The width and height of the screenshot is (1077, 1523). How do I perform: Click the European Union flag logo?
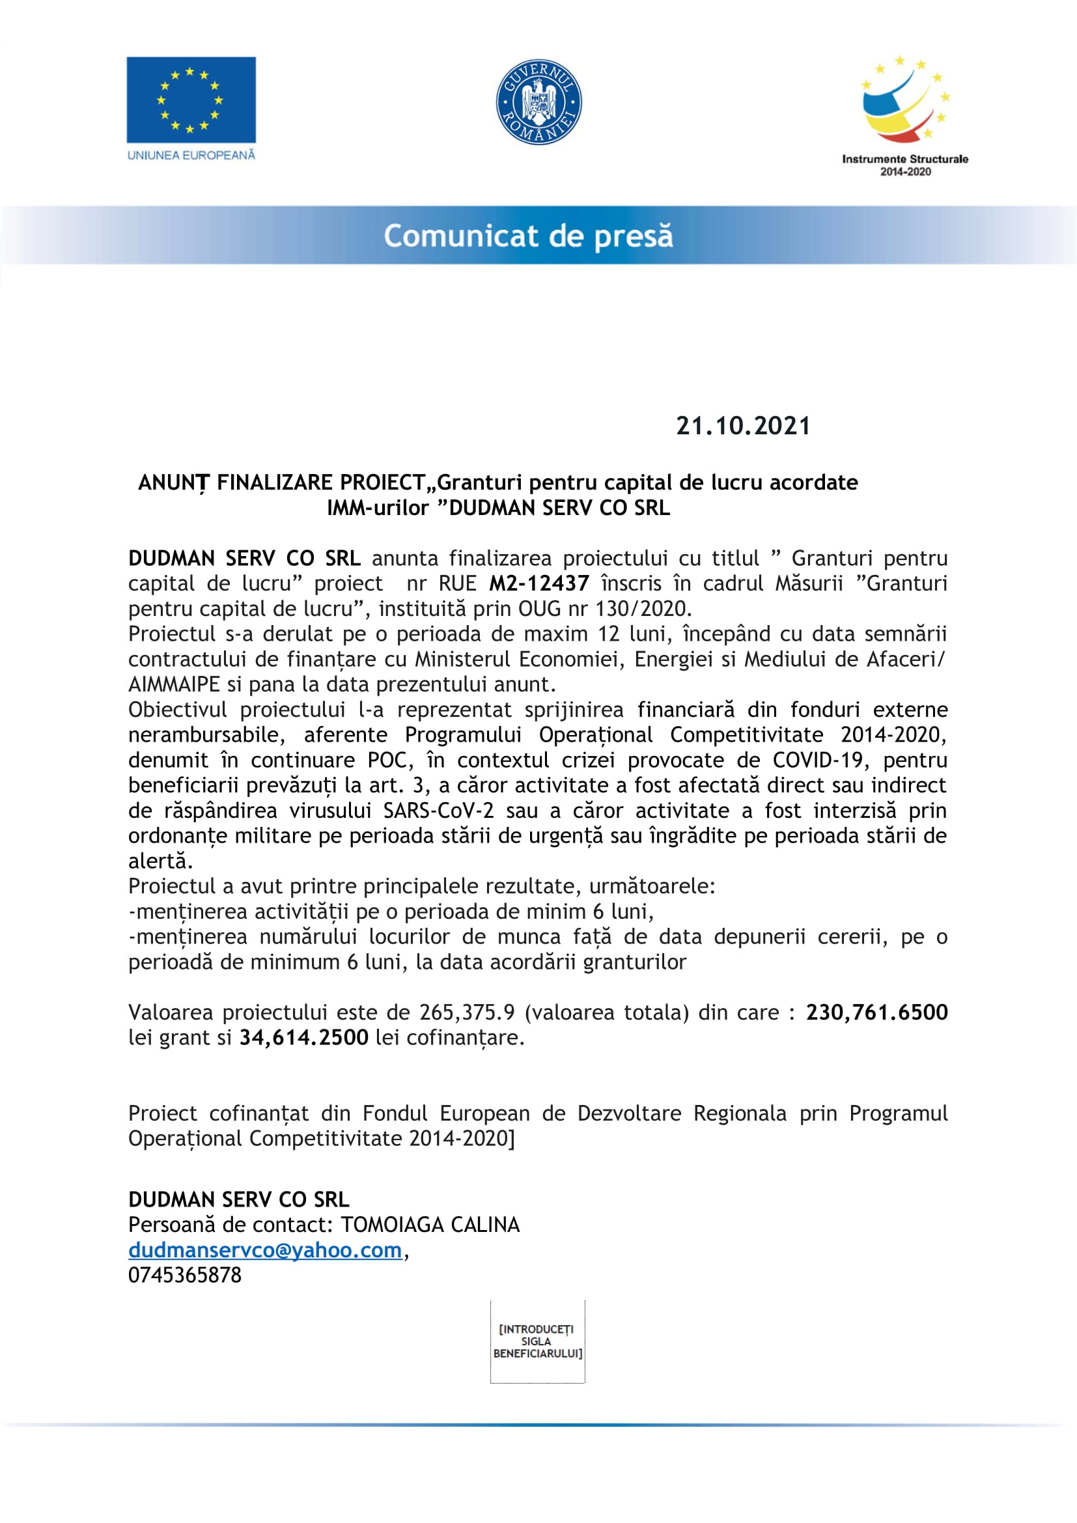(191, 100)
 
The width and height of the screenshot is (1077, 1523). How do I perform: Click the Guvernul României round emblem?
(538, 102)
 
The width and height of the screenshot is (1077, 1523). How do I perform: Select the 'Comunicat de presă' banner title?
(528, 236)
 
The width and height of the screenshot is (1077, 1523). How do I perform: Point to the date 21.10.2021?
(743, 426)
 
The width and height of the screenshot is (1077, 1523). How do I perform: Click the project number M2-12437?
(538, 583)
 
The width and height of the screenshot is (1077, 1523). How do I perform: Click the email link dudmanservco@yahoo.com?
(265, 1250)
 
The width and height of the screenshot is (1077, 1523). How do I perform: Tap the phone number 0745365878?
(185, 1275)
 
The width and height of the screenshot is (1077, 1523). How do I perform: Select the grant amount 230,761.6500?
(876, 1013)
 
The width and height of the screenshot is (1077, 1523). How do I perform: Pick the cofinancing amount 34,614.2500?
(303, 1037)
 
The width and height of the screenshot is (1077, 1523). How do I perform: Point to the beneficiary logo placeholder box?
(537, 1341)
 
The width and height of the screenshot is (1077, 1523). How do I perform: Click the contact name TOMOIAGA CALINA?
(430, 1225)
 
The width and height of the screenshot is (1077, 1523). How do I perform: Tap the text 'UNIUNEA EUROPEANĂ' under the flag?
(191, 155)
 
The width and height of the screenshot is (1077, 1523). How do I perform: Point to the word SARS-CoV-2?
(438, 811)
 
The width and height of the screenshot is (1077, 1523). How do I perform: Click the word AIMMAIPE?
(174, 684)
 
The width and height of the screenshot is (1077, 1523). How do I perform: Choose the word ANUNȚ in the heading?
(174, 482)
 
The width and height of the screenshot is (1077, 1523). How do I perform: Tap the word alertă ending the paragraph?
(160, 861)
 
